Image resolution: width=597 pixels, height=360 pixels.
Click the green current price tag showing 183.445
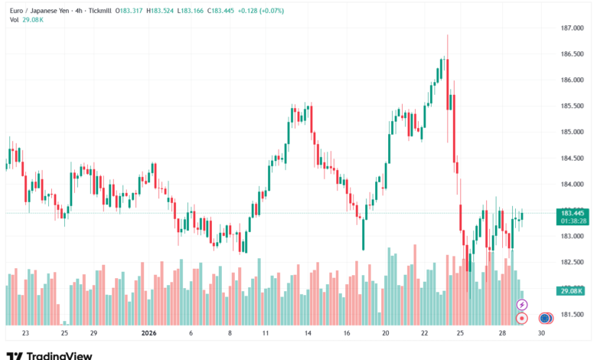point(573,212)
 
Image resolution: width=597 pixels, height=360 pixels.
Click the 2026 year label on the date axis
point(148,334)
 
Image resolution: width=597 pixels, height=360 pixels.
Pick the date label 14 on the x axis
point(306,334)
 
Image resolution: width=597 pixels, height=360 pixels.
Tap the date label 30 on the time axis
point(541,334)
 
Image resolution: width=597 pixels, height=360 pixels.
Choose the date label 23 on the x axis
point(25,334)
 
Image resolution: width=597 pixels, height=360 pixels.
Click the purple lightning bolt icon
point(522,305)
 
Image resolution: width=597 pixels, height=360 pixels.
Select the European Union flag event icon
point(545,317)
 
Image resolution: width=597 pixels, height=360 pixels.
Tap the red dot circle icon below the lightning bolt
point(522,317)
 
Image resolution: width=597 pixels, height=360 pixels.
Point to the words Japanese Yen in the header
point(57,11)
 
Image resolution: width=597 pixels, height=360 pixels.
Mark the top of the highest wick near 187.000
point(448,35)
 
